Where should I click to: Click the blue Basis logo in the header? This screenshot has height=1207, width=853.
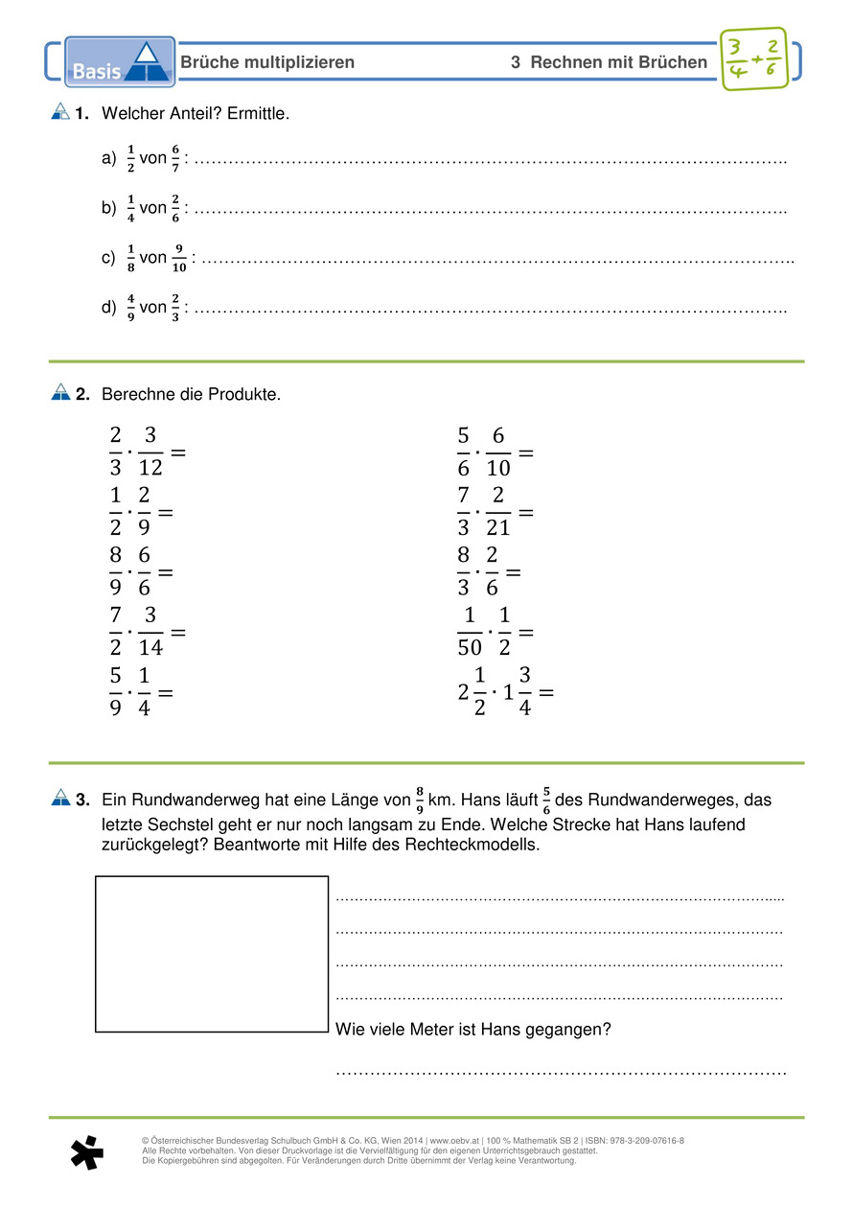coord(120,62)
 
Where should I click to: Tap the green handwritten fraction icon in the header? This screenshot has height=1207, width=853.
coord(752,59)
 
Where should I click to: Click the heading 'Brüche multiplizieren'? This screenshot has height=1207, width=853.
coord(267,62)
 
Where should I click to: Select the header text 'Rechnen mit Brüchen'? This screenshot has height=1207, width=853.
coord(618,62)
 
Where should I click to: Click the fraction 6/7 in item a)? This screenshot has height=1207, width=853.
coord(175,157)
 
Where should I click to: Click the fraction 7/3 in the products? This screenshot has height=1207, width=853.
coord(464,511)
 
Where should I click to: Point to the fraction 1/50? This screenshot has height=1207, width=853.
coord(470,632)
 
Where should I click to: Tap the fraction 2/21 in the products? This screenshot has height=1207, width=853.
coord(498,511)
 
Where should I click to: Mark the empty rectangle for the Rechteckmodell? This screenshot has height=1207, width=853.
coord(212,953)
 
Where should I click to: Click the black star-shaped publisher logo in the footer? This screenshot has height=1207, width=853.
coord(86,1153)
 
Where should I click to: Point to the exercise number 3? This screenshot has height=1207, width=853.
coord(83,799)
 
